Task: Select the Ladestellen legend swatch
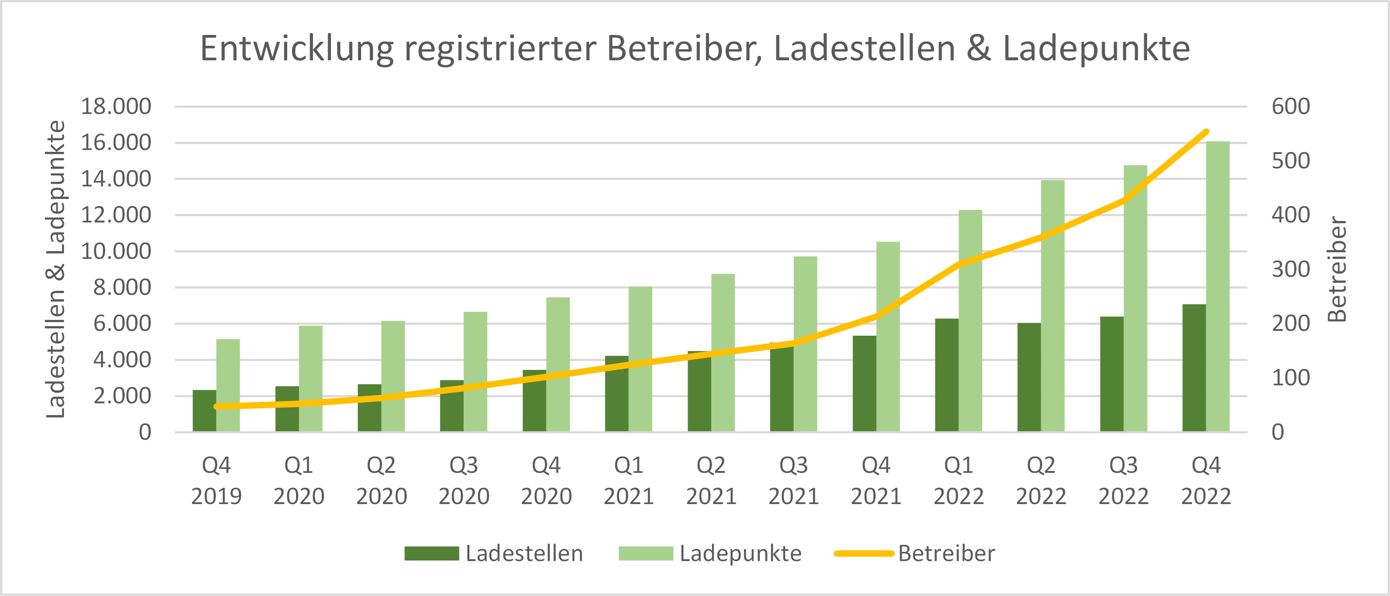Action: (x=432, y=553)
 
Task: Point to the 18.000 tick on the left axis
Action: (x=116, y=106)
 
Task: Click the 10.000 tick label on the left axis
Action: (x=116, y=251)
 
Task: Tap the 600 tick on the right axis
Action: (x=1290, y=106)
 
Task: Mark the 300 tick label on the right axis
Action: (x=1290, y=269)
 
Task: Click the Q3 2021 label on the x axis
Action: (x=793, y=481)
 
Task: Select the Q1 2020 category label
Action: (x=298, y=481)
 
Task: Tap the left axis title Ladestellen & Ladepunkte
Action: (x=56, y=269)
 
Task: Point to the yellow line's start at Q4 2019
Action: (x=216, y=407)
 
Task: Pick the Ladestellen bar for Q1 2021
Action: (x=617, y=394)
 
